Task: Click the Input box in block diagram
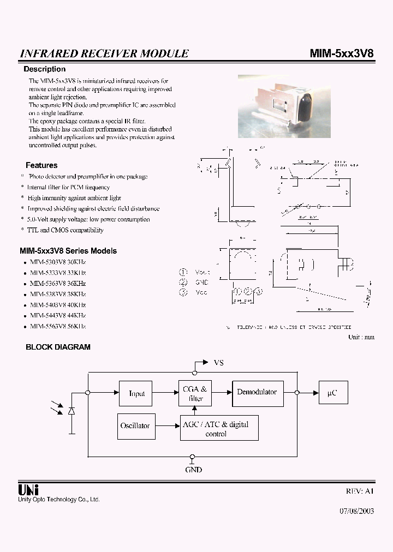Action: [136, 393]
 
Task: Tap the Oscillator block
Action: [135, 426]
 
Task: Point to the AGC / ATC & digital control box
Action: [219, 429]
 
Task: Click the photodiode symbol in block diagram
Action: [72, 410]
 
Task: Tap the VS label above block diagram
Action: [218, 362]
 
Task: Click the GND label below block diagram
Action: [193, 470]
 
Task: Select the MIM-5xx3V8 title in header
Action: [342, 53]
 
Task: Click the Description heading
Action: [44, 69]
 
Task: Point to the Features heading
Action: [41, 165]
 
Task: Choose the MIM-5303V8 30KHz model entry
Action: [58, 262]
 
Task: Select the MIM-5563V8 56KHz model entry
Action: [58, 326]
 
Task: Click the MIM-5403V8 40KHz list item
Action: [58, 305]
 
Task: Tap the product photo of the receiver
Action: [273, 106]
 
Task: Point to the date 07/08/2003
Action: [357, 512]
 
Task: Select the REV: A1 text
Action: [360, 491]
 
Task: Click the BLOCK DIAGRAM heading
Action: [58, 347]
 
